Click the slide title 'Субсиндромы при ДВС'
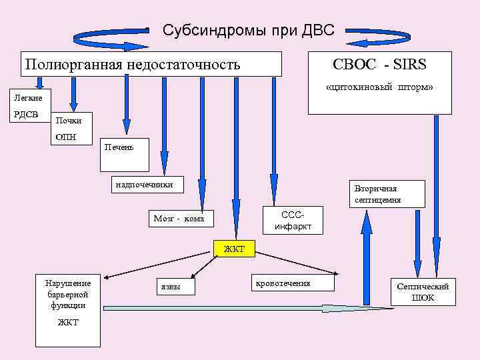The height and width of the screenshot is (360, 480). click(248, 30)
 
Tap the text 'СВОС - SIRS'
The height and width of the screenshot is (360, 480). click(379, 65)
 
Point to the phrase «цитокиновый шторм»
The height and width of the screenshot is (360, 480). click(379, 87)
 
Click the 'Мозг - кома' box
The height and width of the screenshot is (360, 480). click(179, 219)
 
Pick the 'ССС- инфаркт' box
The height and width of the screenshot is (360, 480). click(293, 221)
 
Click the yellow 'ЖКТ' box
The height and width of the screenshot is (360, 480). click(234, 249)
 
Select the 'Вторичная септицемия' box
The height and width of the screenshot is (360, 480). click(378, 194)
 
